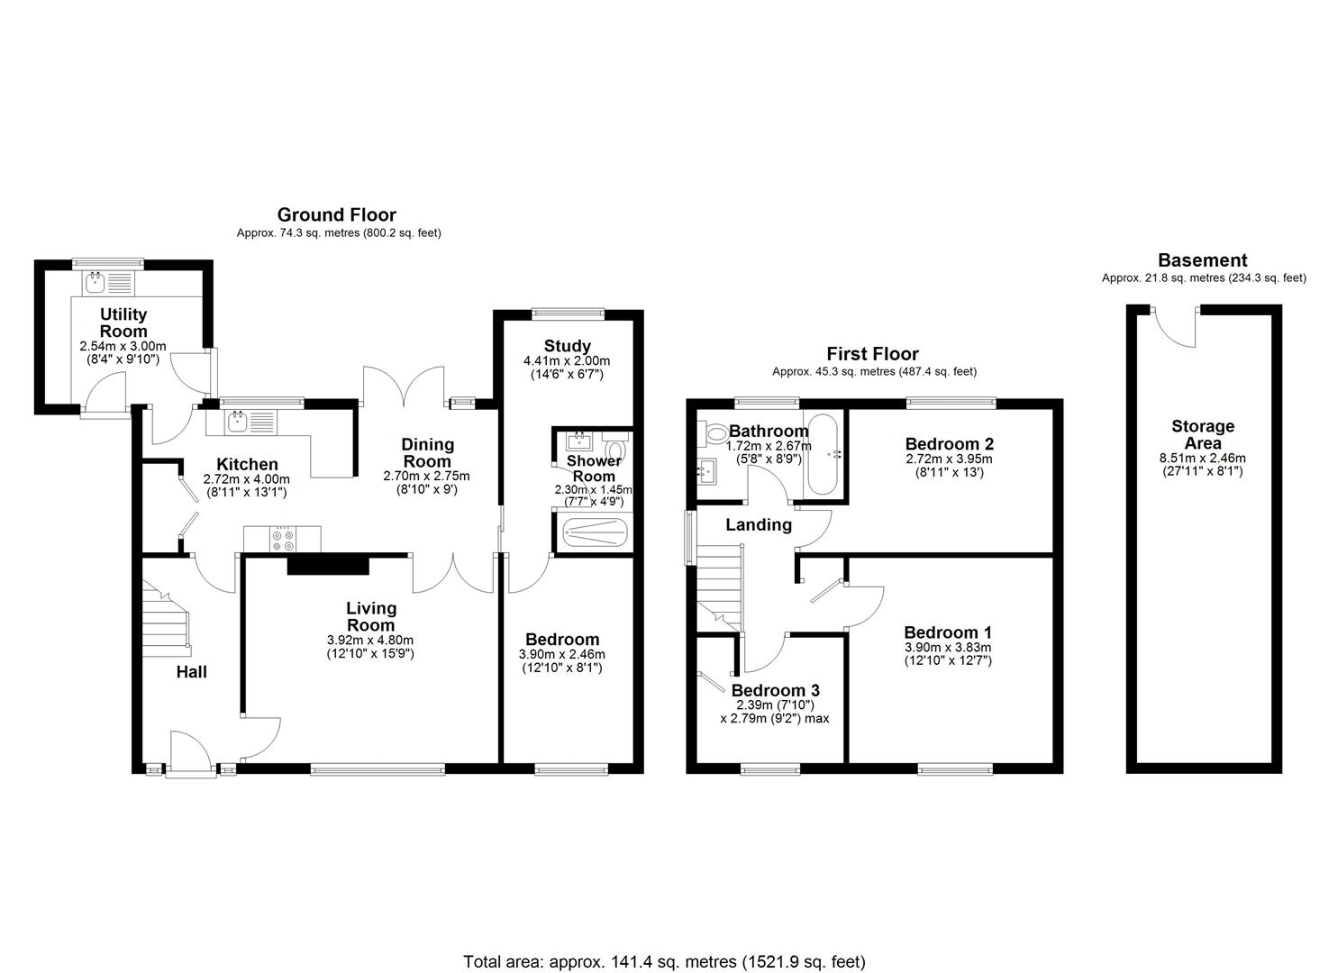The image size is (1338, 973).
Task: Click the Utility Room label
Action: coord(123,323)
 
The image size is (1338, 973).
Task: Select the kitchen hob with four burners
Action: coord(282,539)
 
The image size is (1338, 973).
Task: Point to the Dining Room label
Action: coord(427,452)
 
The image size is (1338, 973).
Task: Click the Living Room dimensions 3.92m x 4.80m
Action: coord(370,641)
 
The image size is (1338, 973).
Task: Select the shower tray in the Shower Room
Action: coord(593,532)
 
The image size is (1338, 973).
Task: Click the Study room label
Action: coord(568,346)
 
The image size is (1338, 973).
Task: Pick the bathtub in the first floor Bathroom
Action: coord(823,454)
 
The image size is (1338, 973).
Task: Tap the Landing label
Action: coord(759,524)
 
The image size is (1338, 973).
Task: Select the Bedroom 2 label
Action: coord(950,443)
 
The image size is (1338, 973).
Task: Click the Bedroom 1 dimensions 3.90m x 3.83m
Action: coord(947,647)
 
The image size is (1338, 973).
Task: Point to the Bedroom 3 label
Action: coord(775,691)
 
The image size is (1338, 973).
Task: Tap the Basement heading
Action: coord(1202,260)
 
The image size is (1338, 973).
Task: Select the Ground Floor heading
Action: coord(336,214)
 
